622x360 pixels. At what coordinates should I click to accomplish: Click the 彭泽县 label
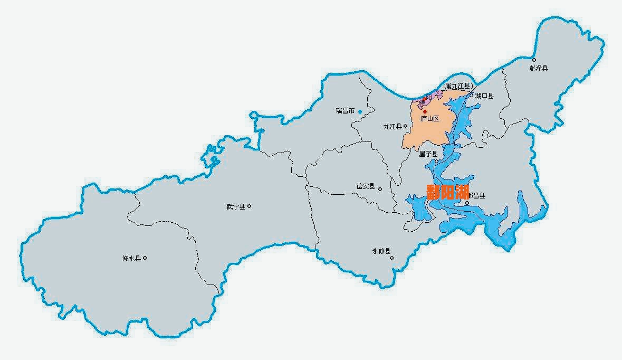(x=539, y=69)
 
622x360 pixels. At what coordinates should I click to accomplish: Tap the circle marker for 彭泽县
(x=534, y=60)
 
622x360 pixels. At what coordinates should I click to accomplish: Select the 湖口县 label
(x=484, y=96)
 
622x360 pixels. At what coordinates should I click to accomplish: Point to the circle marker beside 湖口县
(x=472, y=96)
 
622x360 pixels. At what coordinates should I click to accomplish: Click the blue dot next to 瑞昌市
(x=360, y=111)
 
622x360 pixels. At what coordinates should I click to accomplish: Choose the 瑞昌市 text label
(x=345, y=111)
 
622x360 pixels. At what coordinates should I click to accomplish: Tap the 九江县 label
(x=393, y=127)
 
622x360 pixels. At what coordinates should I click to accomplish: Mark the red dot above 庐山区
(x=425, y=111)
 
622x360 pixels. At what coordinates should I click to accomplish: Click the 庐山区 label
(x=430, y=119)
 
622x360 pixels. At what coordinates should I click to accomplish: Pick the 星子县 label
(x=428, y=154)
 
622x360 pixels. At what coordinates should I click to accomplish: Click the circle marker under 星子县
(x=436, y=161)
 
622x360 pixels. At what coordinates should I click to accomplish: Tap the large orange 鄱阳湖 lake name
(x=447, y=191)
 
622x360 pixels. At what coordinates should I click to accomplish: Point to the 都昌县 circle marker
(x=467, y=203)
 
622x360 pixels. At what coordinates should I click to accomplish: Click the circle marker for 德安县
(x=380, y=188)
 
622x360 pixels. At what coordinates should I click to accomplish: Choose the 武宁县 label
(x=235, y=207)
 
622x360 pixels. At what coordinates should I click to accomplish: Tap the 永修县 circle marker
(x=391, y=258)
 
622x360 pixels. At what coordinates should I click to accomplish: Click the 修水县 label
(x=131, y=259)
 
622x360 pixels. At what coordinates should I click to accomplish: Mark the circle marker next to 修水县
(x=145, y=258)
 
